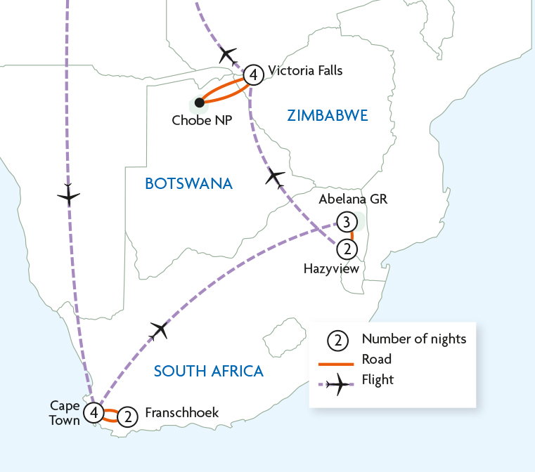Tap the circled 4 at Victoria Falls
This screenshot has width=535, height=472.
click(x=254, y=74)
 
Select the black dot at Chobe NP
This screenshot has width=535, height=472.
click(x=199, y=103)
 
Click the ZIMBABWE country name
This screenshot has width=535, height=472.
click(x=327, y=116)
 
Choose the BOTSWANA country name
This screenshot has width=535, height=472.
click(x=188, y=184)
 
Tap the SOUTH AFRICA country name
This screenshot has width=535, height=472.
click(x=209, y=371)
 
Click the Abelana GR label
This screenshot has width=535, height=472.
click(x=354, y=199)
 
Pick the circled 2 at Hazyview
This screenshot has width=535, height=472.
click(x=346, y=247)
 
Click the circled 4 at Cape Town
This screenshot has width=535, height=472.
click(x=94, y=412)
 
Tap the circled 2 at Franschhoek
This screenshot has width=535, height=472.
click(x=127, y=417)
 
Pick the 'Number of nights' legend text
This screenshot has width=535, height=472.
click(x=413, y=339)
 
